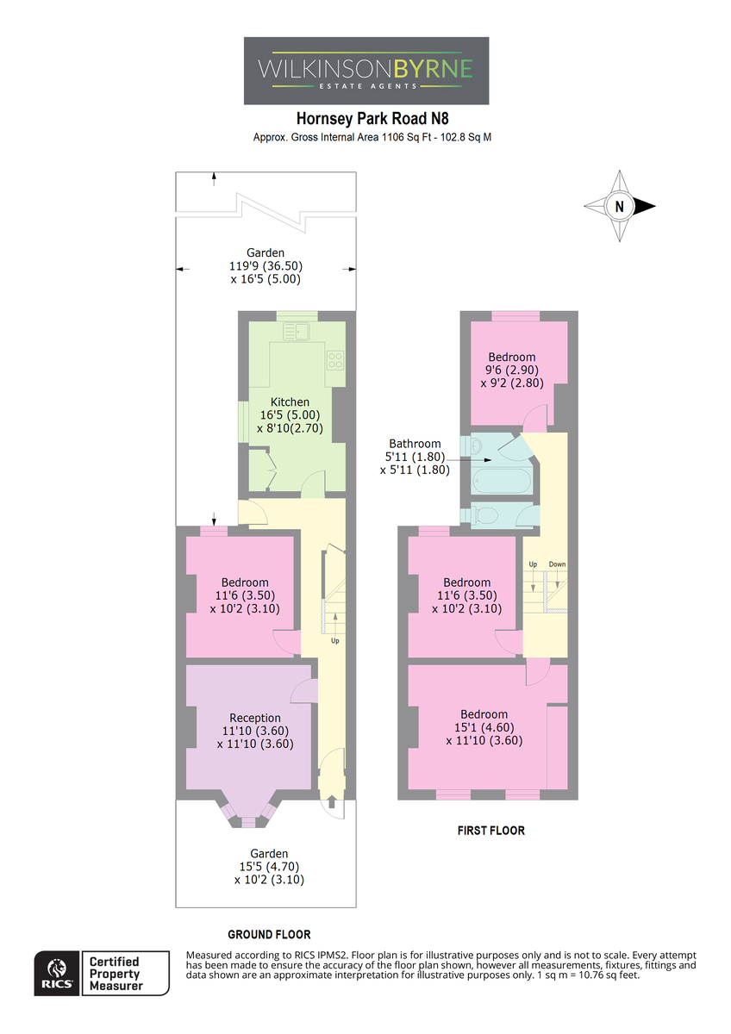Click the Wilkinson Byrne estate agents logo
pyautogui.click(x=365, y=71)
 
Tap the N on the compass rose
pyautogui.click(x=619, y=206)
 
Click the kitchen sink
pyautogui.click(x=296, y=332)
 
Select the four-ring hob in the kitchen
pyautogui.click(x=335, y=360)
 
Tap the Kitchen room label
pyautogui.click(x=290, y=402)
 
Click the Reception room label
pyautogui.click(x=255, y=718)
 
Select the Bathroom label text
pyautogui.click(x=415, y=444)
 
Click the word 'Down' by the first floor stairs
pyautogui.click(x=557, y=564)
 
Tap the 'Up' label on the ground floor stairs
pyautogui.click(x=334, y=641)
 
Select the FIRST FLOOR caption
pyautogui.click(x=490, y=831)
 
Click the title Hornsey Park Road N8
pyautogui.click(x=372, y=119)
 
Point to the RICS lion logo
pyautogui.click(x=57, y=974)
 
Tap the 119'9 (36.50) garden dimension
pyautogui.click(x=266, y=266)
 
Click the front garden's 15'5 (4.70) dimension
pyautogui.click(x=269, y=867)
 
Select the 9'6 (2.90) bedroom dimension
pyautogui.click(x=512, y=370)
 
